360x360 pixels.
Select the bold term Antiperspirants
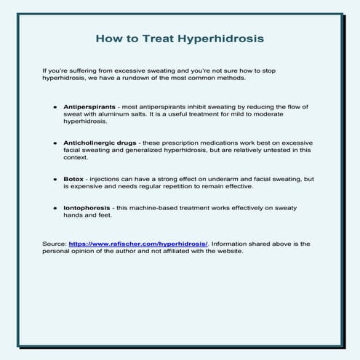point(87,107)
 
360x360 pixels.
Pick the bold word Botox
point(73,178)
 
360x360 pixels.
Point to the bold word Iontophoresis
point(85,207)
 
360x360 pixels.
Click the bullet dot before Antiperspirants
point(55,107)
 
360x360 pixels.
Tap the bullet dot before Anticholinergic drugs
point(55,143)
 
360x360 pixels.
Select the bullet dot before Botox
point(55,178)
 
